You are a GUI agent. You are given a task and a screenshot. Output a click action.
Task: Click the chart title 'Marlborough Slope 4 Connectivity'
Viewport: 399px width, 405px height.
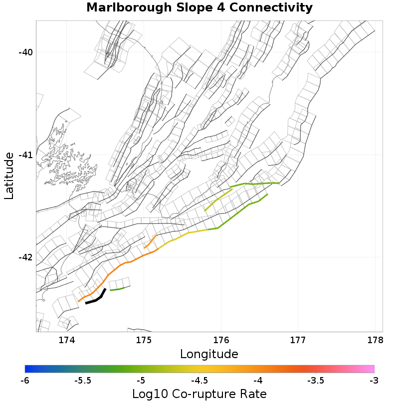(199, 8)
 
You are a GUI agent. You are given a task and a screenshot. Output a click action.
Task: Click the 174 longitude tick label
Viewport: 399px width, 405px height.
(67, 340)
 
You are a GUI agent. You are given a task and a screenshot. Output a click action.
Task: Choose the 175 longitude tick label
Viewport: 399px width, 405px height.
(144, 340)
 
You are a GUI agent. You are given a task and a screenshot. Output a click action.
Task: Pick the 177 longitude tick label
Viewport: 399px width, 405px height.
(298, 340)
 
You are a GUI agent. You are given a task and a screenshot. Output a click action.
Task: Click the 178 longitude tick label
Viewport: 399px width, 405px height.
(375, 340)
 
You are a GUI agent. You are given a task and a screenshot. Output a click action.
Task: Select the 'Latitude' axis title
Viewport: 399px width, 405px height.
(9, 176)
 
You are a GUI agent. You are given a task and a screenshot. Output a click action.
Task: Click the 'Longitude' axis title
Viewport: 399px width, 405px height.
(209, 354)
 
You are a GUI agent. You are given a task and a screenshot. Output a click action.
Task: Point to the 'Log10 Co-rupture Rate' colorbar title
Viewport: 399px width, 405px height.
(199, 394)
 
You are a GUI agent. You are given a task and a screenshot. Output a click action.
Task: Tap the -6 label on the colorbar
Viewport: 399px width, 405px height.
(25, 381)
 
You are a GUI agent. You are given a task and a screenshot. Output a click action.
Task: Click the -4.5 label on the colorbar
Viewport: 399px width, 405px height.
(199, 381)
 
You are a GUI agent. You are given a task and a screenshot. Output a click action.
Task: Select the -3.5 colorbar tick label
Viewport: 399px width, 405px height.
(316, 381)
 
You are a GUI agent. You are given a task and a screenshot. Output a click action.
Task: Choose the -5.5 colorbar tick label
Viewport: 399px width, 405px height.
(83, 381)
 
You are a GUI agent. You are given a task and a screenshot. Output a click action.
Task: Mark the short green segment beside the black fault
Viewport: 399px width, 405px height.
(117, 289)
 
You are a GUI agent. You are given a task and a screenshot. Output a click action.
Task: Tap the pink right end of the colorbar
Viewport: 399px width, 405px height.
(371, 369)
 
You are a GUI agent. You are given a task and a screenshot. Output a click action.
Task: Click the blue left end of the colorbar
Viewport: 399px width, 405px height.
(28, 369)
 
